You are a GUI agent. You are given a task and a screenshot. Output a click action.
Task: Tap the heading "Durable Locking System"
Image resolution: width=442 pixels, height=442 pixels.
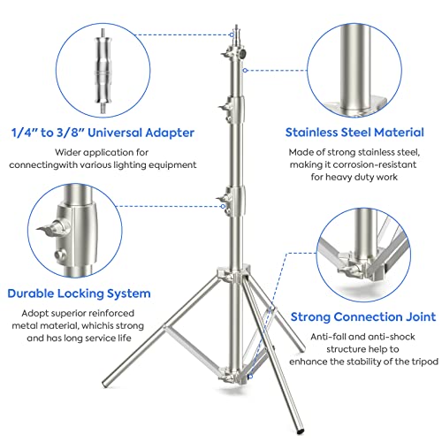pyautogui.click(x=79, y=293)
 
